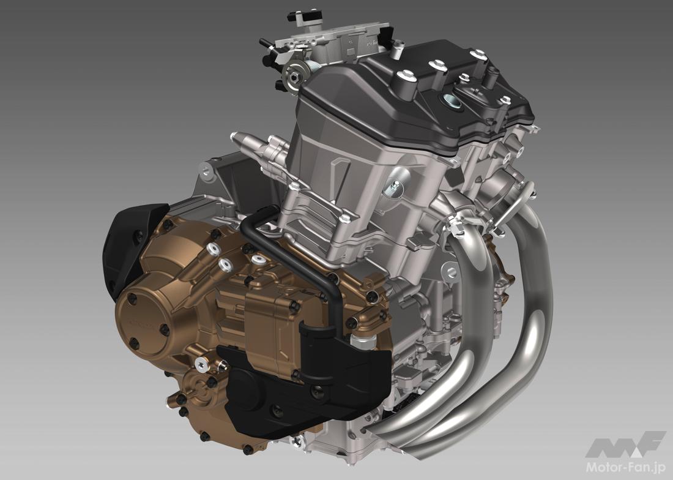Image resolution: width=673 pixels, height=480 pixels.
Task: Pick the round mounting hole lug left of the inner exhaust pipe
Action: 451,269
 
